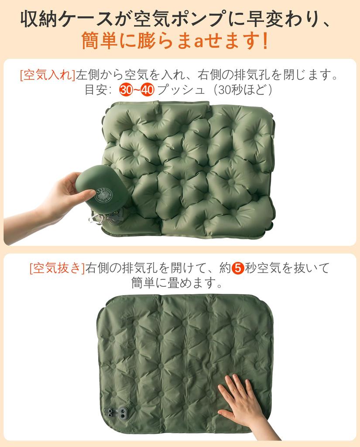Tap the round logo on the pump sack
(104, 196)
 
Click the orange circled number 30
(127, 90)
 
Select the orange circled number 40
(148, 90)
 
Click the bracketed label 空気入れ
(48, 75)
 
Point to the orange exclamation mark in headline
(265, 42)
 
